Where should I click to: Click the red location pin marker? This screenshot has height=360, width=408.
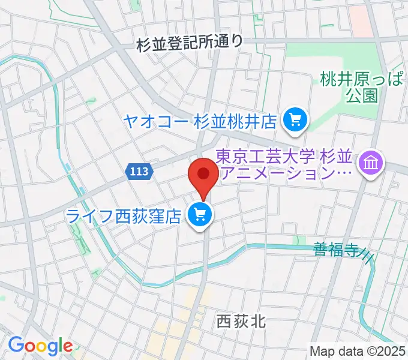pos(203,175)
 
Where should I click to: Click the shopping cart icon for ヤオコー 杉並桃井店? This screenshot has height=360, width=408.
pos(295,121)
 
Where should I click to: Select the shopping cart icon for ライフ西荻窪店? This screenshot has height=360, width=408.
pos(199,213)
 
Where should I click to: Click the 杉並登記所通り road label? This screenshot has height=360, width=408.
pos(190,43)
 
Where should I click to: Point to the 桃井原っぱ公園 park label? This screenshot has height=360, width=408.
pos(361,86)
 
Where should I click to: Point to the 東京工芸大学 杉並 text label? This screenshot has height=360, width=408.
pos(286,157)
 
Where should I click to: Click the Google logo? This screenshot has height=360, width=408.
pos(40,346)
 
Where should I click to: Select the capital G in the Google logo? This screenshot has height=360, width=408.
pos(17,345)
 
